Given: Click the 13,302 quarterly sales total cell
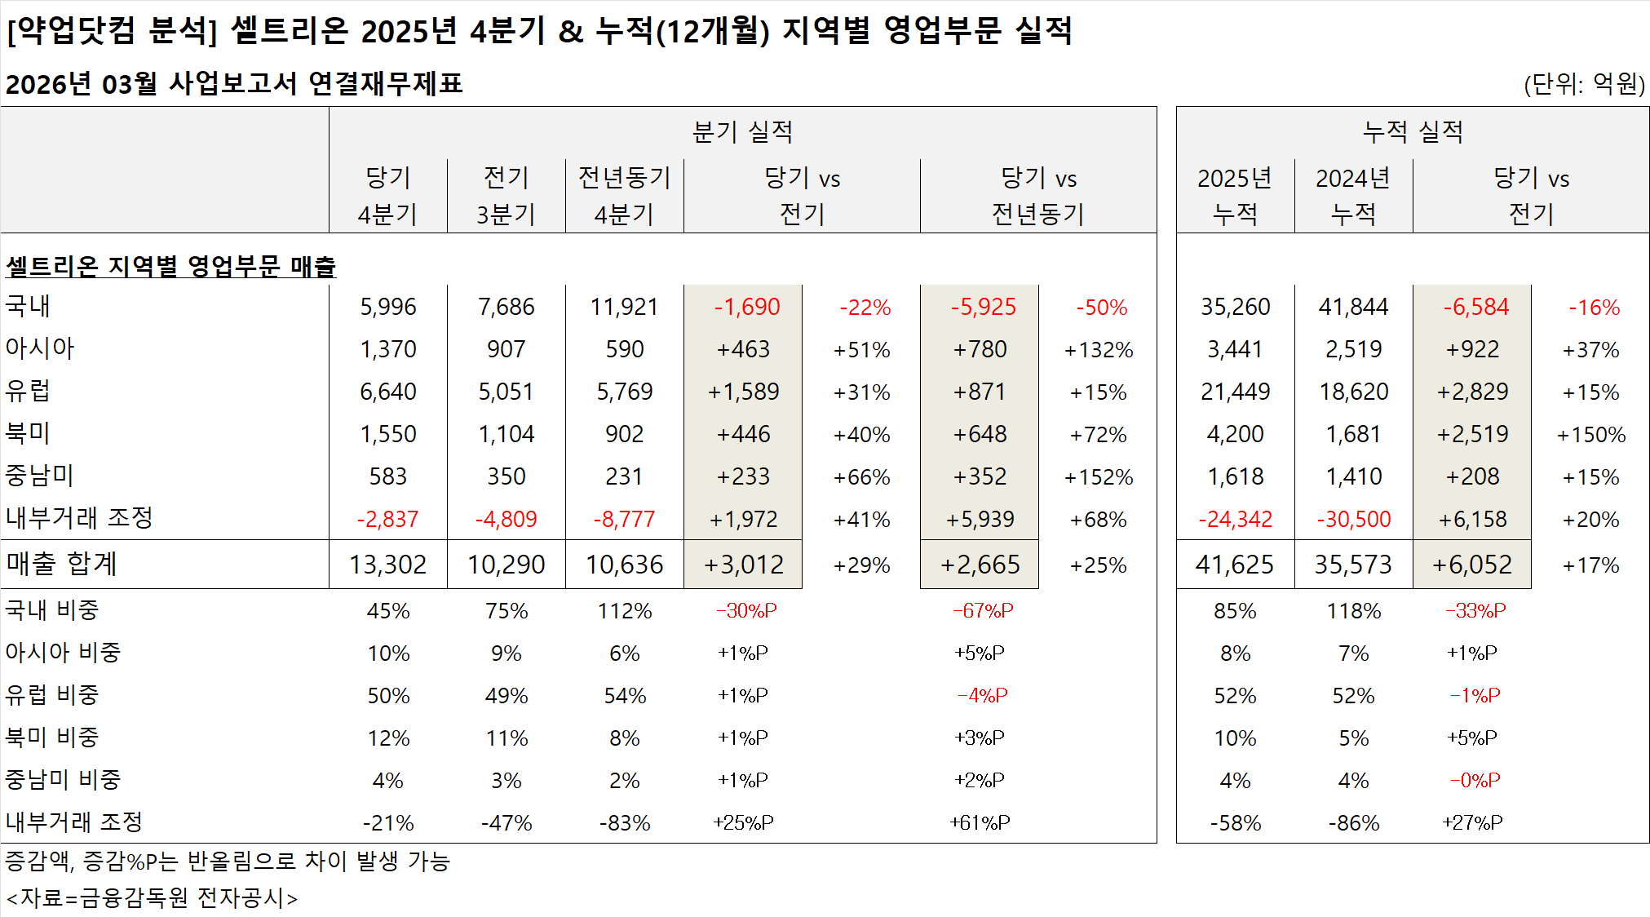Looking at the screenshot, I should [387, 565].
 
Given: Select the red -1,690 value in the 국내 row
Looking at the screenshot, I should [746, 307].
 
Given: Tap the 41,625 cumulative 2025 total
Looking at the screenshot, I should [1234, 565].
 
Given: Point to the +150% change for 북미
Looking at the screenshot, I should [1590, 435].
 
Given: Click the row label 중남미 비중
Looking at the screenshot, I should [63, 780].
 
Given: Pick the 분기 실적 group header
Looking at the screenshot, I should [742, 131].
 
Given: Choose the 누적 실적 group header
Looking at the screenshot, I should [1413, 131].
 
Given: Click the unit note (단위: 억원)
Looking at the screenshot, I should [1583, 84].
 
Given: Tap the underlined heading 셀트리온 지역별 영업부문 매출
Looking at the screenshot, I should [170, 266].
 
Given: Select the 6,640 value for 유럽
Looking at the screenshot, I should [387, 392].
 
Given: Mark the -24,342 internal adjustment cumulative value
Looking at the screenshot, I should [1235, 520].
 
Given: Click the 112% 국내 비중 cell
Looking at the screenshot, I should [624, 611].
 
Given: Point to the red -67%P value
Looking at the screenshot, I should [983, 611].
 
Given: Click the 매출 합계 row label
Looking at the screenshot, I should [61, 564].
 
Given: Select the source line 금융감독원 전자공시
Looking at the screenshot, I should [152, 898].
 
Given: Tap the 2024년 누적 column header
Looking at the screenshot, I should [1353, 196].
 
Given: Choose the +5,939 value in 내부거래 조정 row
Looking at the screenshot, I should [980, 520].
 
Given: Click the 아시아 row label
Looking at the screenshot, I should [39, 348].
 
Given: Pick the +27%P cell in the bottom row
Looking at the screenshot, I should [1472, 822].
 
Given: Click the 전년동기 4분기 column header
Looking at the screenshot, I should [624, 196].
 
